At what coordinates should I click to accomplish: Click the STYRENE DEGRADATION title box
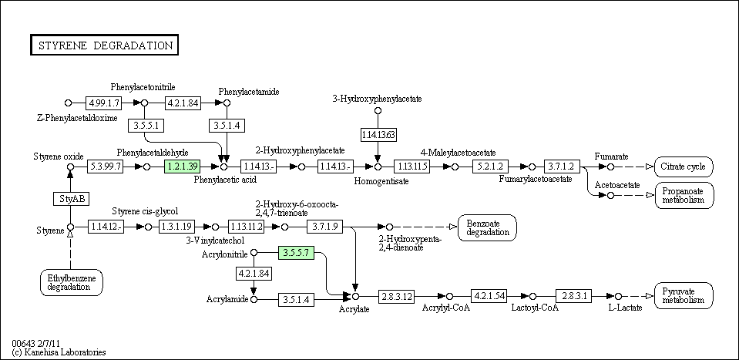click(104, 45)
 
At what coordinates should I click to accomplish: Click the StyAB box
click(71, 199)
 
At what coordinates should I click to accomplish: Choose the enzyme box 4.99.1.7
click(104, 103)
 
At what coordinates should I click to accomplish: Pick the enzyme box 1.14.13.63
click(378, 135)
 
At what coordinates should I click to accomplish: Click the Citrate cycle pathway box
click(684, 167)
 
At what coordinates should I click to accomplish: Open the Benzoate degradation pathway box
click(487, 227)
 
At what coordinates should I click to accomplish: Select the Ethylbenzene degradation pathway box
click(71, 282)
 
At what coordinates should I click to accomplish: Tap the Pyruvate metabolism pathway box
click(684, 295)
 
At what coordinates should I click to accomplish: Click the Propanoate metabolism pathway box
click(684, 195)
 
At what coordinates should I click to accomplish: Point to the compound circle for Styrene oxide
click(70, 167)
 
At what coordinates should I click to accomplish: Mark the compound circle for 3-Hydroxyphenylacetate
click(378, 111)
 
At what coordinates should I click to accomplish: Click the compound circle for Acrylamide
click(254, 299)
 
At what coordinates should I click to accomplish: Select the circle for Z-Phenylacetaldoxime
click(68, 103)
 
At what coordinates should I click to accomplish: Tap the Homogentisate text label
click(381, 181)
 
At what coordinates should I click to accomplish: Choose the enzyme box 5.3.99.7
click(105, 167)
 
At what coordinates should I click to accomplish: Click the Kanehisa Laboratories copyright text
click(59, 352)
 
